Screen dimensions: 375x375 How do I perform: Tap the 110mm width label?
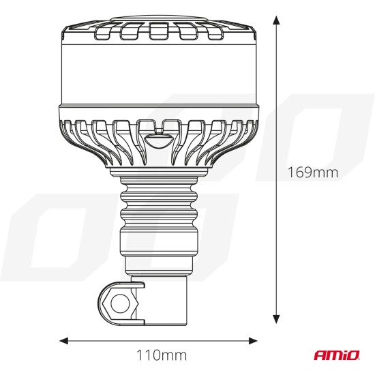[x=158, y=355]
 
